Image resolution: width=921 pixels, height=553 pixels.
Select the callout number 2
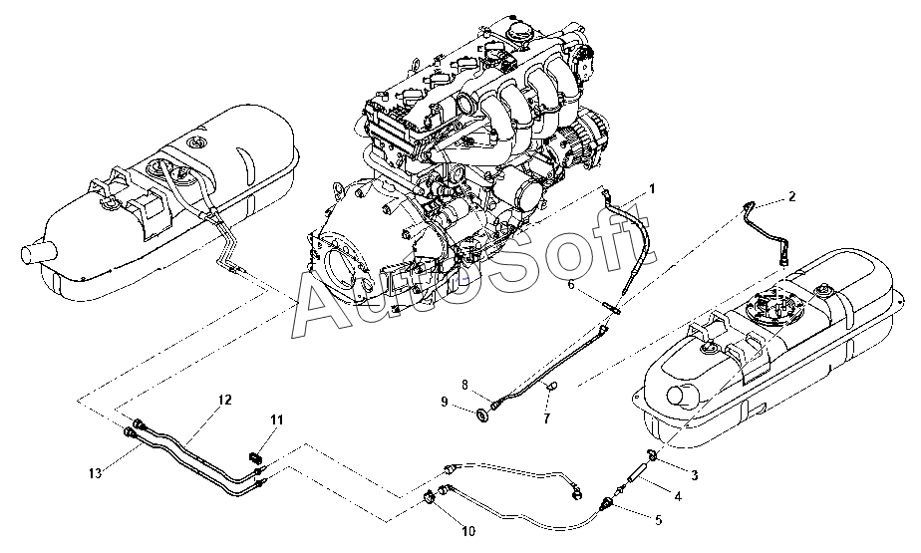[x=791, y=196]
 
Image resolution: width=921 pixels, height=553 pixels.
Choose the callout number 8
[x=464, y=384]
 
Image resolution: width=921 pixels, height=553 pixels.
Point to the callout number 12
[x=225, y=400]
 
